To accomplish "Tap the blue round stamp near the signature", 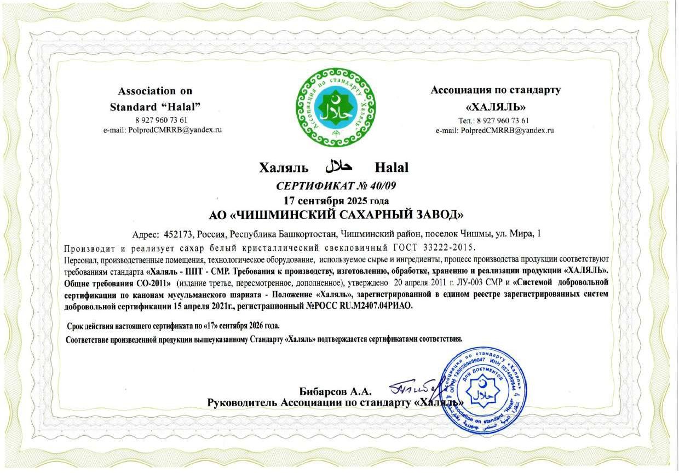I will pyautogui.click(x=483, y=389).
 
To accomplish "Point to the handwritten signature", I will pyautogui.click(x=415, y=388).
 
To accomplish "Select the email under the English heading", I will pyautogui.click(x=163, y=130).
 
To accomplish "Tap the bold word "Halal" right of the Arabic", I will pyautogui.click(x=392, y=167).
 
